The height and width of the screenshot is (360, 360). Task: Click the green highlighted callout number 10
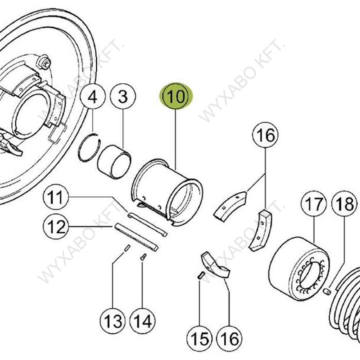point(176,96)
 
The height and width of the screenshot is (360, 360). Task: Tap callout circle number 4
point(92,97)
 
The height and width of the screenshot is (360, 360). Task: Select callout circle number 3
point(123,97)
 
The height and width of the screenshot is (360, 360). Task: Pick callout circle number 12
point(56,227)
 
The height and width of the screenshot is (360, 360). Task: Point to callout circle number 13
point(112,321)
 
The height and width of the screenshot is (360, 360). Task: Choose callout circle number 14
point(142,321)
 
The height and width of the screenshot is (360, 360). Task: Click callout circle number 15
point(200,339)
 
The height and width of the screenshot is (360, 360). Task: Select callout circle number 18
point(344,204)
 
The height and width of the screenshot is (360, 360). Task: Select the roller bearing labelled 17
point(299,269)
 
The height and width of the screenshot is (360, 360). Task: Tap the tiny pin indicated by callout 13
point(127,248)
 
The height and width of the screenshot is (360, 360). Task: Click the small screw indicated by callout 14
point(143,257)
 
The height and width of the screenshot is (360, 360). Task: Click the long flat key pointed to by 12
point(136,238)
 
